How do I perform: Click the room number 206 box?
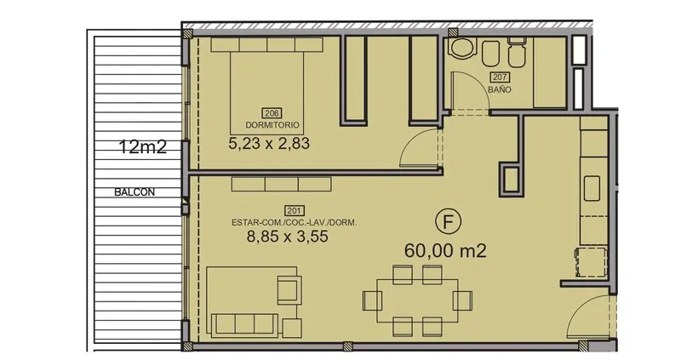(x=272, y=114)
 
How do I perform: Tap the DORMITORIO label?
(x=272, y=125)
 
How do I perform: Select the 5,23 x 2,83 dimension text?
(x=269, y=143)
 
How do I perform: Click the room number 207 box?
(x=500, y=77)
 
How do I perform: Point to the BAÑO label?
(x=500, y=90)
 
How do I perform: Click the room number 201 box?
(x=294, y=211)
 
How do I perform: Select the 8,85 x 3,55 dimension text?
(x=287, y=237)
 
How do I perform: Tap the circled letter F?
(x=448, y=221)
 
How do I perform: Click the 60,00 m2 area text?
(x=445, y=250)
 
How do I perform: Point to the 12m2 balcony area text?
(x=142, y=146)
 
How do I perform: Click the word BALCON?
(x=134, y=192)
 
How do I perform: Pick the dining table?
(x=417, y=300)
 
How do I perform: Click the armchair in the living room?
(x=289, y=289)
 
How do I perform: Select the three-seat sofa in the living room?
(x=245, y=324)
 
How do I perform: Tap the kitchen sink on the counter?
(x=592, y=188)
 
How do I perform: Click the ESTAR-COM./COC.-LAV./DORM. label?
(x=294, y=223)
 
